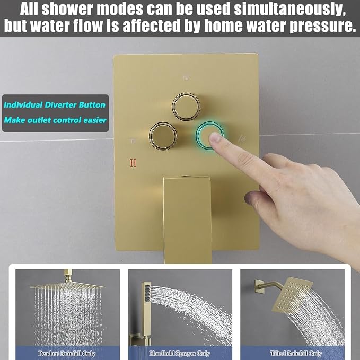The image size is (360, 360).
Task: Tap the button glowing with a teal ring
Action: tap(209, 135)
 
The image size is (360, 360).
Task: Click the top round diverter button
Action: tap(186, 107)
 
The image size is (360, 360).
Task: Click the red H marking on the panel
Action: tap(133, 163)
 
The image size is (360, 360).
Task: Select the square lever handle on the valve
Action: tap(187, 220)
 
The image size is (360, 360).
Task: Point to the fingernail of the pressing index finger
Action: tap(215, 137)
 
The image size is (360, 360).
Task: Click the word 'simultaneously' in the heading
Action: tap(289, 9)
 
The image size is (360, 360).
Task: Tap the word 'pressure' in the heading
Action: tap(323, 25)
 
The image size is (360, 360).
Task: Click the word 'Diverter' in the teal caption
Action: tap(60, 105)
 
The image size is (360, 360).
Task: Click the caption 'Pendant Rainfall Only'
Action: tap(67, 353)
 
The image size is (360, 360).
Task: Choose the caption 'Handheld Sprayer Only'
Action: tap(180, 353)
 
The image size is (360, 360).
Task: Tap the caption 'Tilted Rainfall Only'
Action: tap(296, 353)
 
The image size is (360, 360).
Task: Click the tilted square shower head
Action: tap(292, 294)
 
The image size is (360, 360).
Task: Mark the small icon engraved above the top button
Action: tap(186, 78)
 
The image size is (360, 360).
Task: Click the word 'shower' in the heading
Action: tap(68, 9)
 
